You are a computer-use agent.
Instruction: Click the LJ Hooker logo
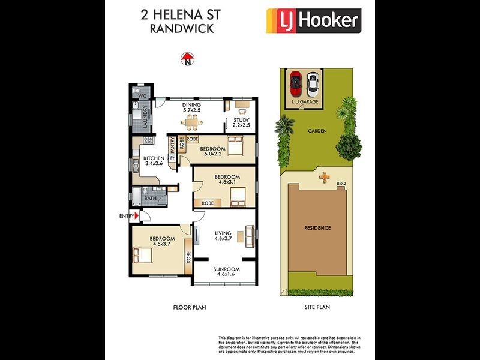pyautogui.click(x=313, y=21)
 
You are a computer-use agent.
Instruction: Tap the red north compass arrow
pyautogui.click(x=188, y=58)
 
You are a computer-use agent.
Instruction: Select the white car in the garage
pyautogui.click(x=312, y=85)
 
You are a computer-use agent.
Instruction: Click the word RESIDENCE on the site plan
pyautogui.click(x=317, y=228)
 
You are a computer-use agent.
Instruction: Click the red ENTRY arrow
pyautogui.click(x=137, y=216)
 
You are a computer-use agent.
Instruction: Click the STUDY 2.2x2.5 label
pyautogui.click(x=241, y=124)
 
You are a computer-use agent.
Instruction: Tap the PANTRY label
pyautogui.click(x=172, y=146)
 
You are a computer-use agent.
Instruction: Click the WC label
pyautogui.click(x=142, y=96)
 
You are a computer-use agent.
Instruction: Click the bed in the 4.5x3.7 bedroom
pyautogui.click(x=143, y=254)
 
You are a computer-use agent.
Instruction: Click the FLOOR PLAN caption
pyautogui.click(x=189, y=307)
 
